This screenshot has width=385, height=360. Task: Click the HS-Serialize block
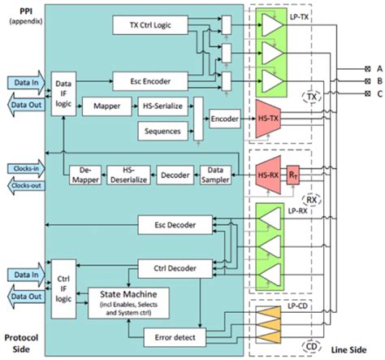pyautogui.click(x=162, y=106)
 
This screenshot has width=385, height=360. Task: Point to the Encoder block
pyautogui.click(x=225, y=117)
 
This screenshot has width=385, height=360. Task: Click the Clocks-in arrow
pyautogui.click(x=27, y=168)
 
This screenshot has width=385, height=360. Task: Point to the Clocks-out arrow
pyautogui.click(x=27, y=186)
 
